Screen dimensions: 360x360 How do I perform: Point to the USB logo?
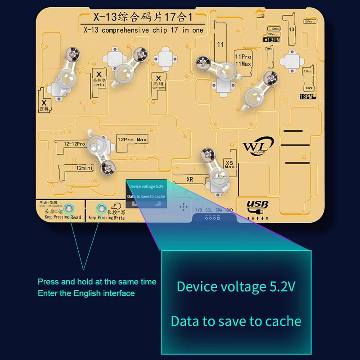(x=257, y=206)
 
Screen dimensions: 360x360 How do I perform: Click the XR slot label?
(x=190, y=179)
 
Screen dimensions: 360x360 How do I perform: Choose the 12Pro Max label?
(x=132, y=140)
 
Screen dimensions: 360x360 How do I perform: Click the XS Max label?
(x=229, y=164)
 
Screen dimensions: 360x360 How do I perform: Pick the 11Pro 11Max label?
(x=243, y=60)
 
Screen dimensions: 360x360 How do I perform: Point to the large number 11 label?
(x=220, y=45)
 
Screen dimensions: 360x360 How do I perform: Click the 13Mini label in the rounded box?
(x=274, y=28)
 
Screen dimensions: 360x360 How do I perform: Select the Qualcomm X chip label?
(x=158, y=81)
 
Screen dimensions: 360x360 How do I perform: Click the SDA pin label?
(x=219, y=210)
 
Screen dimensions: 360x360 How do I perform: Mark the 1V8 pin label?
(x=199, y=210)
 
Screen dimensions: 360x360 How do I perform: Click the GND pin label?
(x=229, y=210)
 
